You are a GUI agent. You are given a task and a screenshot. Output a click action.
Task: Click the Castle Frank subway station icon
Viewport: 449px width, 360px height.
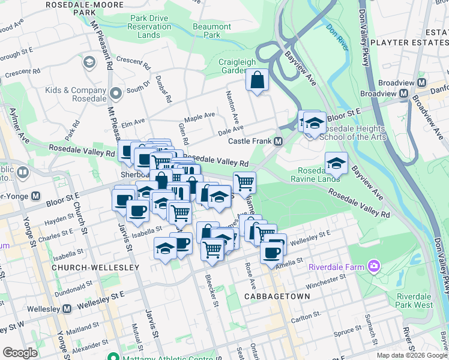(x=279, y=142)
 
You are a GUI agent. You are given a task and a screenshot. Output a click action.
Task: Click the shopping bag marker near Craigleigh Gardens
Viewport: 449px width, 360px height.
(x=257, y=80)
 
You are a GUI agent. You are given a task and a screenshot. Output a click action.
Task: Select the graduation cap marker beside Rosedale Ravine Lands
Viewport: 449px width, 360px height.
(x=336, y=163)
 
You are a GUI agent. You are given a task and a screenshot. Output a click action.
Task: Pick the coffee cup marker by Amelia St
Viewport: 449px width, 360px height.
(x=271, y=252)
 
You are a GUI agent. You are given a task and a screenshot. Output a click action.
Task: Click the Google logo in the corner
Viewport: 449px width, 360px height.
(x=20, y=352)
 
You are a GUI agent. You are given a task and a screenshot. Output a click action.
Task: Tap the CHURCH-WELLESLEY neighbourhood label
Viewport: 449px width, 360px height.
(x=88, y=266)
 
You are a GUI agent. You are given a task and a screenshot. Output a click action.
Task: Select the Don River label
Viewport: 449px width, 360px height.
(x=337, y=35)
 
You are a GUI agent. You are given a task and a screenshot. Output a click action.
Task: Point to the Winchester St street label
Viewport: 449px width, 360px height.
(x=324, y=280)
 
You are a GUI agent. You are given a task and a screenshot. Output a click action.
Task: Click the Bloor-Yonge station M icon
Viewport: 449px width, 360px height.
(x=36, y=196)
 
